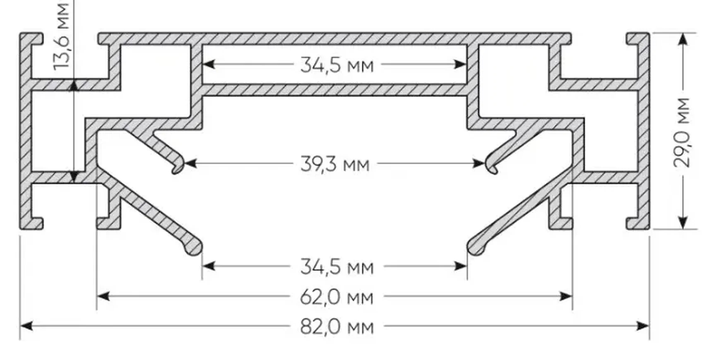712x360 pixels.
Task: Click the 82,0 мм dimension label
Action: pos(337,327)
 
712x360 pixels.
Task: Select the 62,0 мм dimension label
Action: pos(337,297)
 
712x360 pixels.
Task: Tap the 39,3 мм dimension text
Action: pos(334,164)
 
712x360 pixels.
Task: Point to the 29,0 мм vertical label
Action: pos(682,132)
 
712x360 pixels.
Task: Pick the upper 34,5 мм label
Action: pos(337,65)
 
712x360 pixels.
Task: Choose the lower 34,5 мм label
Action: pos(337,266)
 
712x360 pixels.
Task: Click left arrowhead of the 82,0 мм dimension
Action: pos(26,326)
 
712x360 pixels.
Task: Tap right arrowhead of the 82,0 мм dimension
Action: pos(643,326)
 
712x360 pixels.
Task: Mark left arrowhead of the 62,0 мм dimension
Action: pos(103,296)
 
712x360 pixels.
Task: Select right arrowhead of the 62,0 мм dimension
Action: pos(566,296)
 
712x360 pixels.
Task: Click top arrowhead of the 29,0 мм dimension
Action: pos(683,40)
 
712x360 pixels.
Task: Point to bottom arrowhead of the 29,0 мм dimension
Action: pos(683,223)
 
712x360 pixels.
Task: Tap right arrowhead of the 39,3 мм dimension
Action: pos(479,163)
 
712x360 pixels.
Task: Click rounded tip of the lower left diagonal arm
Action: pos(194,249)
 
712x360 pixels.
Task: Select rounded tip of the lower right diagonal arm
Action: pos(475,249)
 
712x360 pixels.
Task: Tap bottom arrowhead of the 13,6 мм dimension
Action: pos(74,177)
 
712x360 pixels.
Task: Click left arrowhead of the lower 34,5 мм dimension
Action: pos(209,266)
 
